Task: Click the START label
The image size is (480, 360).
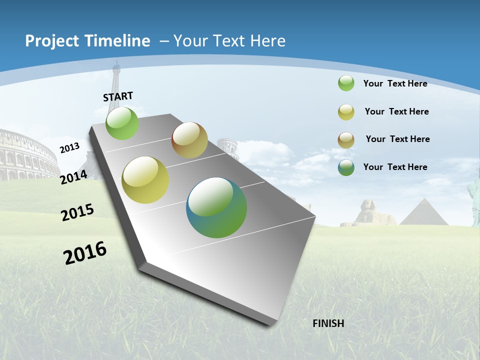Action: (118, 96)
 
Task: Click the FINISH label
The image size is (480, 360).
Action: (328, 323)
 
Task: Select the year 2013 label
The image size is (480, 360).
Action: (69, 147)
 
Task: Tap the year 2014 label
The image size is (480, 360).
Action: (73, 177)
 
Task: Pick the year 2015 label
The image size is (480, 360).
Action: (77, 212)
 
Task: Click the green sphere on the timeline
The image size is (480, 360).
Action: (122, 123)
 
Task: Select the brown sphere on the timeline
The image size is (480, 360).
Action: (189, 140)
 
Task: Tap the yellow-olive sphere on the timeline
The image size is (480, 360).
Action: (145, 180)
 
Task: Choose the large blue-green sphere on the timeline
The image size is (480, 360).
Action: (216, 207)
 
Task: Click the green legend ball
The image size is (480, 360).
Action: (346, 83)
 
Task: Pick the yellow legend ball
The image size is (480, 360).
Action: (346, 111)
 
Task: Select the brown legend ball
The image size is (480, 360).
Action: (346, 139)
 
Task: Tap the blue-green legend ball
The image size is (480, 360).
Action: (346, 167)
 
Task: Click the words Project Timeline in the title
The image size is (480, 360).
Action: (87, 41)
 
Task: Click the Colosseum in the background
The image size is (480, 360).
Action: (27, 155)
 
